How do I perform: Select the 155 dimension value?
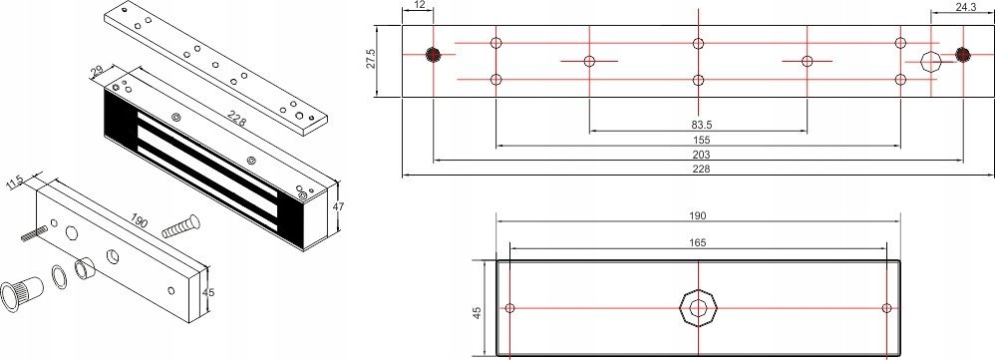tap(697, 142)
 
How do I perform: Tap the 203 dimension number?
tap(697, 158)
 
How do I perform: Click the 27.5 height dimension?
tap(369, 62)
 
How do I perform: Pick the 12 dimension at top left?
tap(419, 7)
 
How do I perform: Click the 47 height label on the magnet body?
tap(338, 206)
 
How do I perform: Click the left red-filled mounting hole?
tap(434, 54)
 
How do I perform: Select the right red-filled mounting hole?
tap(962, 54)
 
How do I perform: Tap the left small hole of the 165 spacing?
tap(510, 307)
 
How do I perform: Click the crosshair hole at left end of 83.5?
tap(589, 61)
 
